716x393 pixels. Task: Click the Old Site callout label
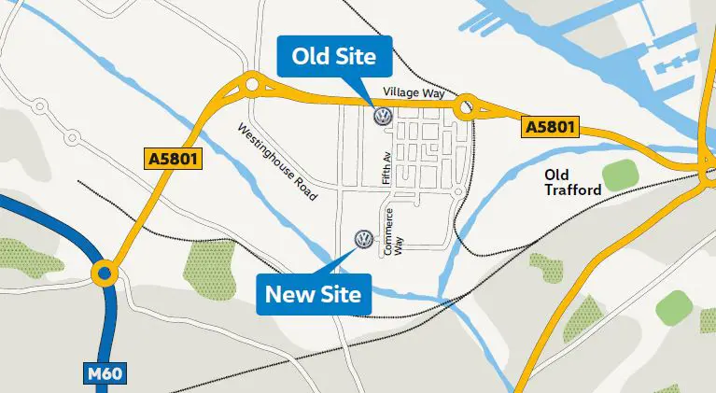point(333,58)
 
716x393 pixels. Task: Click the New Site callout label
point(314,295)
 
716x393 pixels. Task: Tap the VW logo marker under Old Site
point(381,117)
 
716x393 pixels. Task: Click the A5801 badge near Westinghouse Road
point(174,159)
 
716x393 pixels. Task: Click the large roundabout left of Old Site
point(252,87)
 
